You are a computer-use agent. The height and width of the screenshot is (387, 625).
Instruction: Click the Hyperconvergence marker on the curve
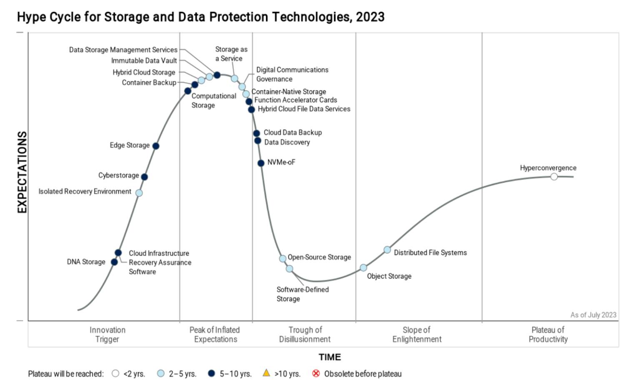[x=554, y=177]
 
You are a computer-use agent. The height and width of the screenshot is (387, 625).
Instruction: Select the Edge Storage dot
[x=156, y=146]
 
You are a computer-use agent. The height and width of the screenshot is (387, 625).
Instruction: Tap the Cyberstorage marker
[x=145, y=177]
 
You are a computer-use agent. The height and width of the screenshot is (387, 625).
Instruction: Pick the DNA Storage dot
[x=114, y=262]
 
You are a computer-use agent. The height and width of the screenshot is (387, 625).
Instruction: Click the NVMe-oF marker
[x=261, y=163]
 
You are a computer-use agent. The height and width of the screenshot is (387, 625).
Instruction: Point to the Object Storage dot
[x=363, y=268]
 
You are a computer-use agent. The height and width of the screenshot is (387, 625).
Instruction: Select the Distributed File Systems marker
[x=387, y=250]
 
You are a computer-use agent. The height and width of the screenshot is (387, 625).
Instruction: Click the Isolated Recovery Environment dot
[x=139, y=193]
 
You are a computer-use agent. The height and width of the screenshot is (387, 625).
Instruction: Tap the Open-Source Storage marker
[x=282, y=259]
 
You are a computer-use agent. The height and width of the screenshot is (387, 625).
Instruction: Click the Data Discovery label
[x=287, y=142]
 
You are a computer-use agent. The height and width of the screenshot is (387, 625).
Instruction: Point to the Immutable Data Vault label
[x=144, y=61]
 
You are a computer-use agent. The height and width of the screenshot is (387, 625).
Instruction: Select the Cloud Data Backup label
[x=292, y=133]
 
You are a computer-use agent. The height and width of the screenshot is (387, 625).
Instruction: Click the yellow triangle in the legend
[x=266, y=373]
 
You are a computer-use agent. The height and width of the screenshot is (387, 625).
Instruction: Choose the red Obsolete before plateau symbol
[x=316, y=373]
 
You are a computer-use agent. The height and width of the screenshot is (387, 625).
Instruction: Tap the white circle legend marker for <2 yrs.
[x=115, y=374]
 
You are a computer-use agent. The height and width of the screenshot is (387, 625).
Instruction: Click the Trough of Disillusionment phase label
[x=305, y=335]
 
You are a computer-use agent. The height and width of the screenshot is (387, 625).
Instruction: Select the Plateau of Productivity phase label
[x=548, y=335]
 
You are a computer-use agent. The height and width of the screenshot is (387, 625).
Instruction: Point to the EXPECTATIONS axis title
[x=22, y=172]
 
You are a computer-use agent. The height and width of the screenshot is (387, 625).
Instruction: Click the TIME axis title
[x=330, y=357]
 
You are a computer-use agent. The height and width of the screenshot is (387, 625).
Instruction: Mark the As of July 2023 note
[x=593, y=315]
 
